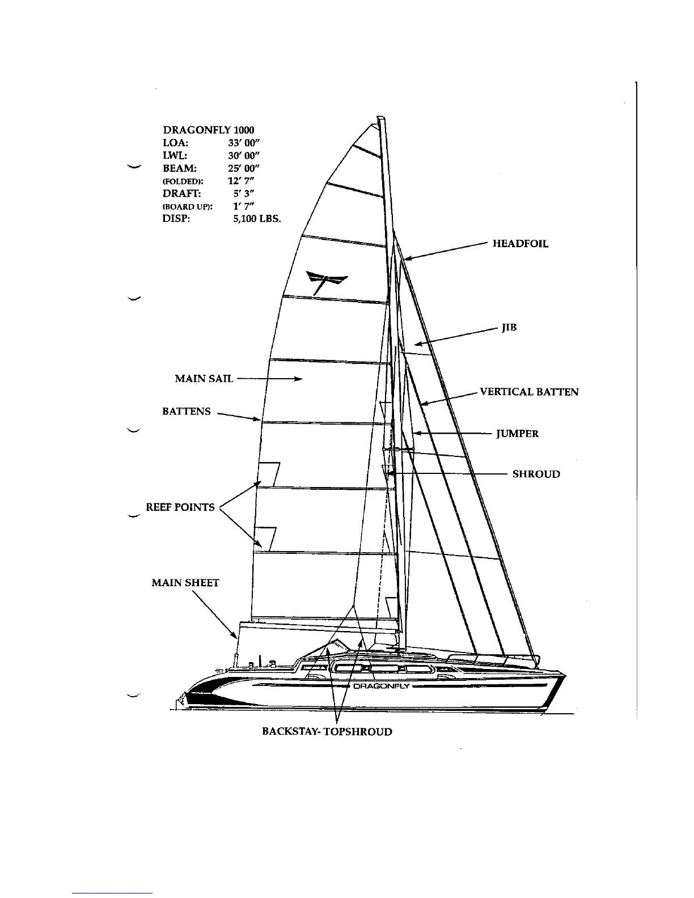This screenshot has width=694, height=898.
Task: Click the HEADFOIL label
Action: tap(520, 244)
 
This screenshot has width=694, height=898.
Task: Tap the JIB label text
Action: tap(509, 328)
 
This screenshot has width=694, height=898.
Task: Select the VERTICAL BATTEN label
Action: tap(529, 392)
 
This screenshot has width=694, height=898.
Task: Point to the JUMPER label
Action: tap(517, 434)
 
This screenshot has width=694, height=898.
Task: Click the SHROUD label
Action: tap(536, 474)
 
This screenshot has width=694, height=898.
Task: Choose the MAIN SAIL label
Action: tap(204, 379)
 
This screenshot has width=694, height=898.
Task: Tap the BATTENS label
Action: tap(186, 412)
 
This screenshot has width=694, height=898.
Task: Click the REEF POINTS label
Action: tap(180, 507)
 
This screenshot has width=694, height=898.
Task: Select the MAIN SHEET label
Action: tap(185, 583)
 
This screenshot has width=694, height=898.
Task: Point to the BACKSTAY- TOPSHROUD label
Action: tap(327, 732)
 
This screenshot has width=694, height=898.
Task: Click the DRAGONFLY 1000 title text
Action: tap(208, 130)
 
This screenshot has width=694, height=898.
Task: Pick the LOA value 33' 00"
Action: tap(244, 143)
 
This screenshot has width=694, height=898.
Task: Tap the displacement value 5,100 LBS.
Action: tap(257, 218)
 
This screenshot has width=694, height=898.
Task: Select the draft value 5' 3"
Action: tap(244, 193)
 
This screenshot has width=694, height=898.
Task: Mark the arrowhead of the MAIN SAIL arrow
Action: tap(298, 379)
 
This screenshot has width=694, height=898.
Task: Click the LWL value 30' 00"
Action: tap(244, 155)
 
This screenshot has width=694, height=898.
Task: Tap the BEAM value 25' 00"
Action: tap(244, 168)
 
